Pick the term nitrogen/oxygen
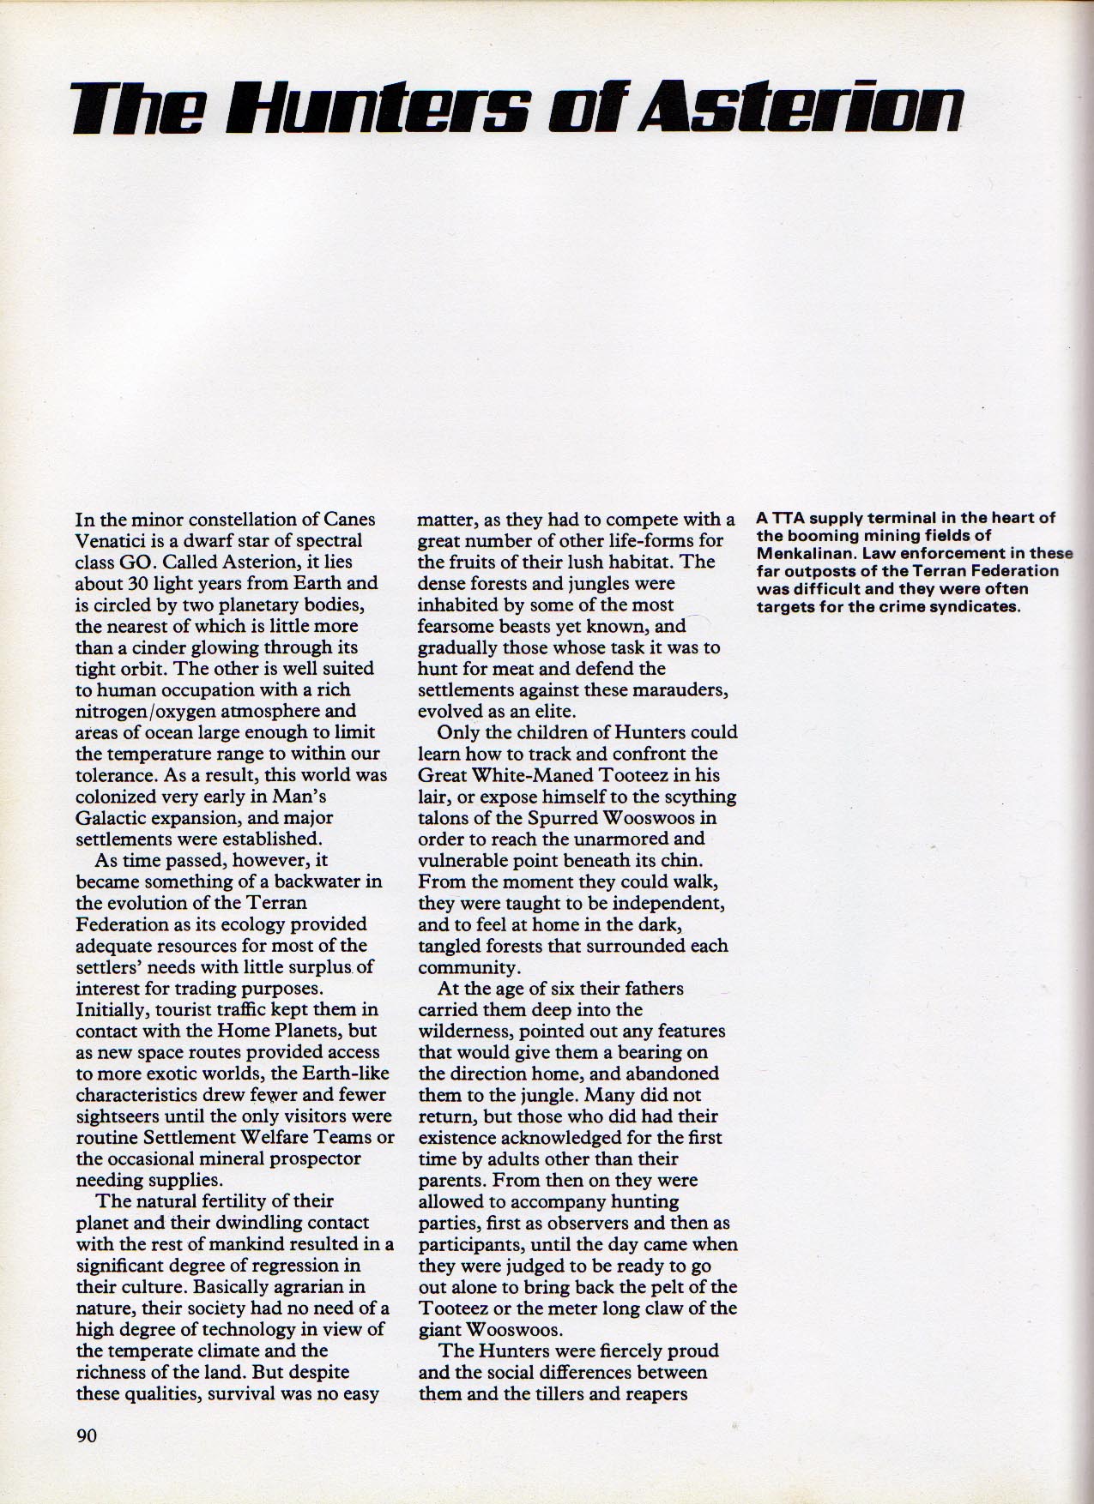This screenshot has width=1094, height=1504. pos(172,711)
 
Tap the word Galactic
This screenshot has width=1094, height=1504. pos(111,817)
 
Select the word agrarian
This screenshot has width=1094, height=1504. pos(292,1287)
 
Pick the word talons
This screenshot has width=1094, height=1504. pos(443,817)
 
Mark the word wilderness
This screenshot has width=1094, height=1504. pos(461,1031)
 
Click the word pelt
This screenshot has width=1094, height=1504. pos(674,1287)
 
